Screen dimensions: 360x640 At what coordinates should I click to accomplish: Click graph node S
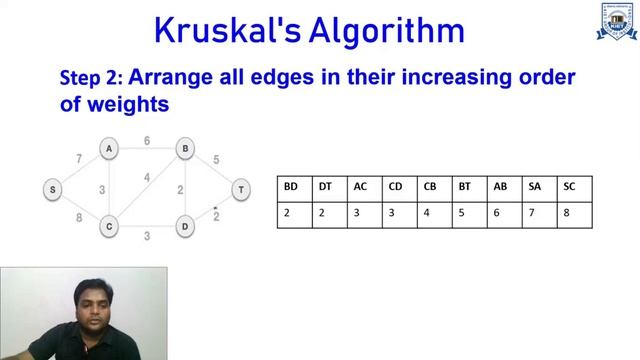pyautogui.click(x=52, y=188)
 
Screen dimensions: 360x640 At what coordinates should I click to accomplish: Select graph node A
pyautogui.click(x=108, y=149)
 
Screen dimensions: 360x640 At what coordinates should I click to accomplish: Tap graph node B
pyautogui.click(x=185, y=149)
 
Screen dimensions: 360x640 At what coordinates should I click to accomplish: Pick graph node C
pyautogui.click(x=108, y=227)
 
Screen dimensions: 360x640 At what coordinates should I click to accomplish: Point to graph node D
pyautogui.click(x=185, y=227)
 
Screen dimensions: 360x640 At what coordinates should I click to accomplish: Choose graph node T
pyautogui.click(x=240, y=188)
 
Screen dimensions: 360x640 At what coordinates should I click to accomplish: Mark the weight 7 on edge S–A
pyautogui.click(x=79, y=159)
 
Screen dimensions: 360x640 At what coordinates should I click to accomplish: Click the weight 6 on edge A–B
pyautogui.click(x=146, y=141)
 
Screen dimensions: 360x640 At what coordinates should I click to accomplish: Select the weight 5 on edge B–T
pyautogui.click(x=216, y=159)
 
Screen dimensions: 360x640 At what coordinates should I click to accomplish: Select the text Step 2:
pyautogui.click(x=92, y=78)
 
